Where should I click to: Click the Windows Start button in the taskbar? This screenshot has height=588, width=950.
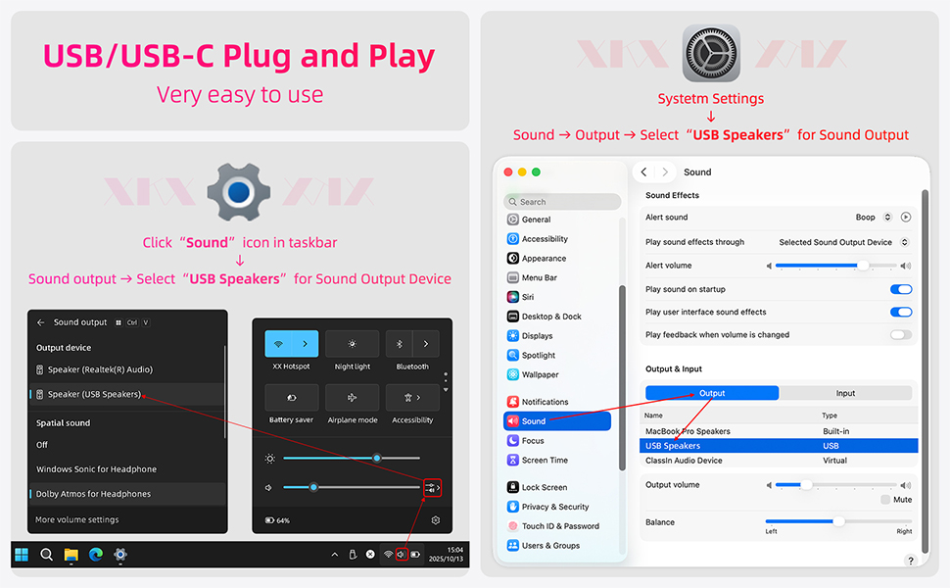click(x=22, y=555)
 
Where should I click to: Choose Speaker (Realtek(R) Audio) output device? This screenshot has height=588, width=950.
click(x=94, y=369)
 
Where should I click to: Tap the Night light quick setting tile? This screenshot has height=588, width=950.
click(x=352, y=344)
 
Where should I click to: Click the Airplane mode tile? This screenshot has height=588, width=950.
click(x=352, y=398)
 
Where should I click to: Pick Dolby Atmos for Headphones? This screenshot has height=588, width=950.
click(x=93, y=494)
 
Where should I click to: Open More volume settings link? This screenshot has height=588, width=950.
click(x=77, y=519)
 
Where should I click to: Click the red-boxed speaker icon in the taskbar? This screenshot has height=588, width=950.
click(x=402, y=554)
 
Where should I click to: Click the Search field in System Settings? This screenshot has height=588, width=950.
click(x=562, y=202)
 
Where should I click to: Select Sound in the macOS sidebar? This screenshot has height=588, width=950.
click(x=557, y=421)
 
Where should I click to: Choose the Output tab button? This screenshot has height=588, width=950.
click(x=712, y=393)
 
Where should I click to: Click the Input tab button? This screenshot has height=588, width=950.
click(x=845, y=393)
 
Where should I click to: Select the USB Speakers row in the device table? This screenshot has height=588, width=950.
click(x=779, y=446)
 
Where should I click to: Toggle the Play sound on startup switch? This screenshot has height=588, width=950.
click(x=901, y=289)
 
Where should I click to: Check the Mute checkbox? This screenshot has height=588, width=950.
click(x=885, y=500)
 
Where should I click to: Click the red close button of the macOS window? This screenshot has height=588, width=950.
click(x=508, y=172)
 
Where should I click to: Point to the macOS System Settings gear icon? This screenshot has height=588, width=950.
click(x=711, y=53)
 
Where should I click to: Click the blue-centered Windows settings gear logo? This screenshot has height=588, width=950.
click(x=239, y=192)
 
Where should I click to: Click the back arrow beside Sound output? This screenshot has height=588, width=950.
click(x=40, y=322)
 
